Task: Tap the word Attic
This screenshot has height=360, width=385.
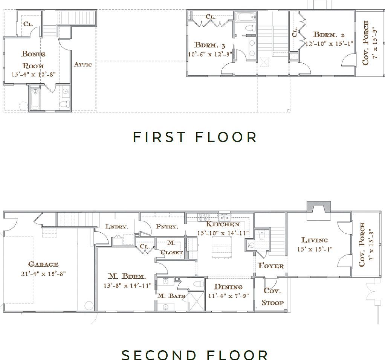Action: [x=82, y=64]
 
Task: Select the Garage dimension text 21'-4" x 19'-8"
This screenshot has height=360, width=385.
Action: [x=44, y=274]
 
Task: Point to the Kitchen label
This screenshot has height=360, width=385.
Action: [x=222, y=224]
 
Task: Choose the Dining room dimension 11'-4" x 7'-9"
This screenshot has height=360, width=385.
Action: [x=229, y=296]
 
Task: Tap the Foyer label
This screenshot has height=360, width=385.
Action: [x=270, y=266]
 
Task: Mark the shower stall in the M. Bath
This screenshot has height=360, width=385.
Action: [x=196, y=301]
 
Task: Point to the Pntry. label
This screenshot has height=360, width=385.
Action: [x=167, y=227]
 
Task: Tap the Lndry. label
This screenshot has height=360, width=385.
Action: [x=116, y=227]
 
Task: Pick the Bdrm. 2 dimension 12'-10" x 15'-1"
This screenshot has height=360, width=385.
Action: [x=329, y=44]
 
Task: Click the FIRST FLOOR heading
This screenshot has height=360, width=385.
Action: [x=195, y=137]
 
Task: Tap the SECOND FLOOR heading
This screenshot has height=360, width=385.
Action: [x=195, y=354]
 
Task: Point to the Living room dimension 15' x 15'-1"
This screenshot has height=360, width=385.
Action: [x=315, y=249]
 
